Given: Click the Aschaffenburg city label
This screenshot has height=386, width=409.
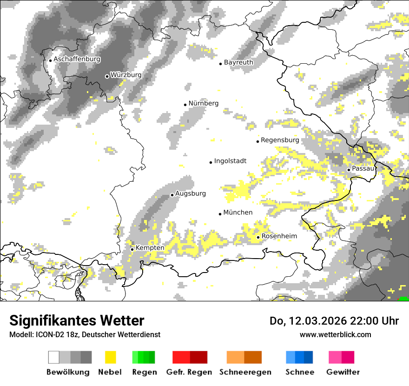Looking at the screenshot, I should tap(77, 60).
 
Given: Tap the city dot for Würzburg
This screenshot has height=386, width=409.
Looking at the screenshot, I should tap(107, 76).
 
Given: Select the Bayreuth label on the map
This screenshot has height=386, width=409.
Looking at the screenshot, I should tap(238, 62).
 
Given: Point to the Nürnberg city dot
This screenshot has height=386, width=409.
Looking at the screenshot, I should tap(185, 105).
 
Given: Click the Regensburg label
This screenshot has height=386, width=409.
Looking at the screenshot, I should tap(280, 140).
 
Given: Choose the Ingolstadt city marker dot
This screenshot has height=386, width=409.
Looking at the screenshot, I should tap(211, 162).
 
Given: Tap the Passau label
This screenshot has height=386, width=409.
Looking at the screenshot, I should tap(363, 168).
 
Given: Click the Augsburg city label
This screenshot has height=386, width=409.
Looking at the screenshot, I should tap(190, 193).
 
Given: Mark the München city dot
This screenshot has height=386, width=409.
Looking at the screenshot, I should tap(220, 214).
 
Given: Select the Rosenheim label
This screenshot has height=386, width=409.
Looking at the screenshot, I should tap(279, 236).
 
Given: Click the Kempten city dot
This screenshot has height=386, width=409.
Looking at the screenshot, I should tap(132, 249).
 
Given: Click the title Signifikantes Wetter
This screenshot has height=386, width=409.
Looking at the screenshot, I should tap(77, 320).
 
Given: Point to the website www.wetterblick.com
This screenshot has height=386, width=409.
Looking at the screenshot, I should tap(335, 334).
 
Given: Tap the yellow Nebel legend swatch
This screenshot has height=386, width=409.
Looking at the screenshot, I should tap(110, 357).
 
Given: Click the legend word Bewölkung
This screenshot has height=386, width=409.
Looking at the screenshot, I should tap(68, 372).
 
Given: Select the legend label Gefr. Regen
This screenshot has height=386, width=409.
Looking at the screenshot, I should tap(189, 372).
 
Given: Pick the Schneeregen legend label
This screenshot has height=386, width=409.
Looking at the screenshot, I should tap(245, 372).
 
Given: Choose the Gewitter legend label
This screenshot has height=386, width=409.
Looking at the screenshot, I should tap(343, 372).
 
